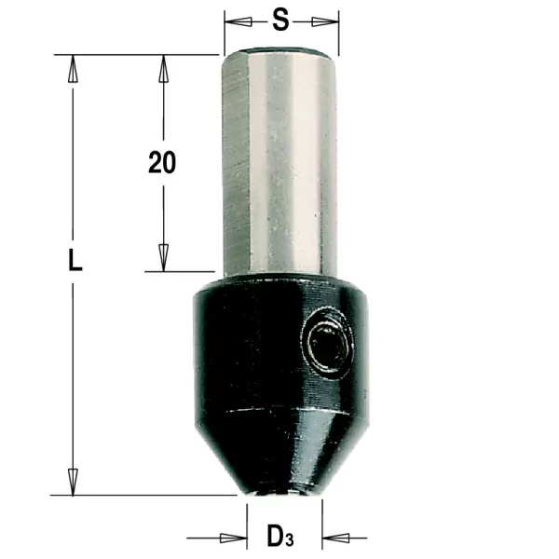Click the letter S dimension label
pyautogui.click(x=280, y=20)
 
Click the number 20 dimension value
pyautogui.click(x=162, y=162)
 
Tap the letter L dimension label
pyautogui.click(x=75, y=260)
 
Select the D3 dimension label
pyautogui.click(x=280, y=536)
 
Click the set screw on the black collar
pyautogui.click(x=328, y=344)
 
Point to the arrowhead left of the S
pyautogui.click(x=239, y=21)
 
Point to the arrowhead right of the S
pyautogui.click(x=325, y=21)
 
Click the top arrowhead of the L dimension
pyautogui.click(x=73, y=68)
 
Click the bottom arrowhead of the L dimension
pyautogui.click(x=73, y=482)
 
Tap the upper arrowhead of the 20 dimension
pyautogui.click(x=164, y=68)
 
